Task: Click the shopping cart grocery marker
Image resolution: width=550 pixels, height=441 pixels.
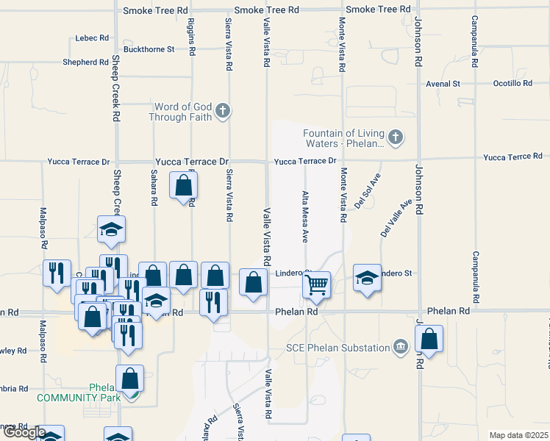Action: click(x=316, y=284)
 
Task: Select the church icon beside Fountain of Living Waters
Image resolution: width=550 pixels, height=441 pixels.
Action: click(x=396, y=136)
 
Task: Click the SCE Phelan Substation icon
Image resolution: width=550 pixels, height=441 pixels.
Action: click(x=400, y=346)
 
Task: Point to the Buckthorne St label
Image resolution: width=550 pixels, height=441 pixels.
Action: click(x=149, y=49)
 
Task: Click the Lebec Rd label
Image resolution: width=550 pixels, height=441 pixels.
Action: click(x=92, y=37)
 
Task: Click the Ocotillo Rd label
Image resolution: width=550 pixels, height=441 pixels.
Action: click(x=512, y=83)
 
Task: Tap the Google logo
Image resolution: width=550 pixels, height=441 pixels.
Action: click(x=24, y=432)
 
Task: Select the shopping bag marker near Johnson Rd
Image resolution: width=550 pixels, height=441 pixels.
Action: click(x=429, y=340)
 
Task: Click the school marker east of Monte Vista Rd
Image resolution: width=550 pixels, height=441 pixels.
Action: click(x=367, y=278)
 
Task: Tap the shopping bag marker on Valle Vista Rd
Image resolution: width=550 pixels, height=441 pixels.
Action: click(x=253, y=282)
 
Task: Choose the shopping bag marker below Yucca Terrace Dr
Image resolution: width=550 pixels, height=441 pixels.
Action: click(x=183, y=185)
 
